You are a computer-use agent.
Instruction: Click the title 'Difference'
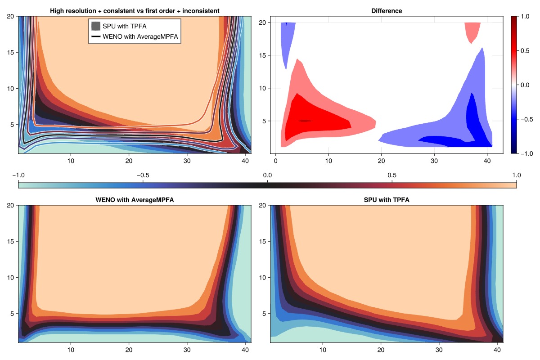[x=380, y=11]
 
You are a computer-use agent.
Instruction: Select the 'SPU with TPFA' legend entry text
[x=125, y=26]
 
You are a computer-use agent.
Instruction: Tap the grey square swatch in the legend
[x=95, y=26]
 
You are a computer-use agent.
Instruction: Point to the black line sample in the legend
[x=95, y=36]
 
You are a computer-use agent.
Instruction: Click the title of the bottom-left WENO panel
[x=135, y=200]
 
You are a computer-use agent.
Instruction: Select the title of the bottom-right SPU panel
[x=387, y=200]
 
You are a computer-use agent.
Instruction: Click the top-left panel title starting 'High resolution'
[x=135, y=11]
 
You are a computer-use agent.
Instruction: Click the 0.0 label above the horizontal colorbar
[x=267, y=175]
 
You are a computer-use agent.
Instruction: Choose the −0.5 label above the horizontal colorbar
[x=143, y=175]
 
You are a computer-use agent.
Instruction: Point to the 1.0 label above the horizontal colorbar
[x=516, y=175]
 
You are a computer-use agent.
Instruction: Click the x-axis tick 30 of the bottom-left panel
[x=187, y=350]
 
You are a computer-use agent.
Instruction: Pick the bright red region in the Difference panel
[x=315, y=119]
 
